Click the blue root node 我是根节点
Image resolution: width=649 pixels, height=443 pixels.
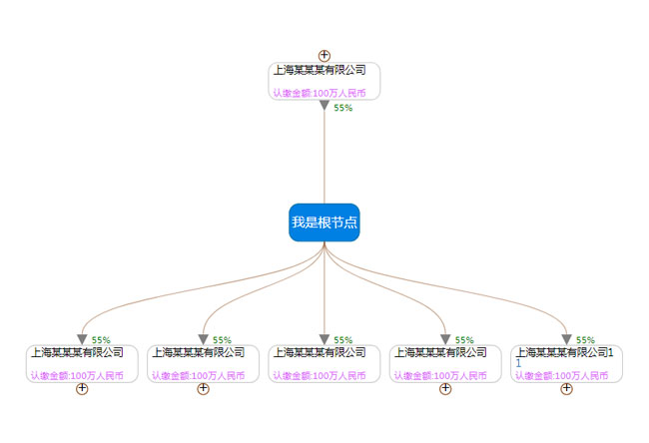click(324, 222)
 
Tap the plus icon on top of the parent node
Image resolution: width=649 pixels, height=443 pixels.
click(324, 56)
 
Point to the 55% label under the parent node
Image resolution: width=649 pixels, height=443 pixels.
click(342, 108)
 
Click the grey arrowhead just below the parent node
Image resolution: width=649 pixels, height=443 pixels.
click(324, 106)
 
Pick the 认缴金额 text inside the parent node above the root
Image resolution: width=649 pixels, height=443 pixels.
click(320, 93)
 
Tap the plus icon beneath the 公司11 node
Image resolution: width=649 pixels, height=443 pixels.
click(566, 388)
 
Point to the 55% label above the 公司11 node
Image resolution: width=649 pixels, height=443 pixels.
click(585, 340)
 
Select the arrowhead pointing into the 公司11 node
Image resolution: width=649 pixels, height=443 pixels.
click(566, 339)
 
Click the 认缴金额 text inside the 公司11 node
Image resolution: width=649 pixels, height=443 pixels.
click(561, 376)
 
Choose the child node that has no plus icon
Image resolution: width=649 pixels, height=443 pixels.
click(324, 363)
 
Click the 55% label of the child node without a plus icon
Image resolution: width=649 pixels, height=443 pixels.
click(342, 340)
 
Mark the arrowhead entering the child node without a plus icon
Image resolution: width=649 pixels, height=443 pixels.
click(324, 339)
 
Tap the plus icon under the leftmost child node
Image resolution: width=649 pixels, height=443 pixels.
click(82, 388)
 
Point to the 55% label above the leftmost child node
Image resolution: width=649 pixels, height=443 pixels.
click(100, 340)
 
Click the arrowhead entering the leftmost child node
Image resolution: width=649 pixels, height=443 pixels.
click(82, 339)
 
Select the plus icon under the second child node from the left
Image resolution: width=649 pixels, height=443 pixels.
click(203, 388)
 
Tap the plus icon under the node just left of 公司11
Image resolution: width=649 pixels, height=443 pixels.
click(445, 388)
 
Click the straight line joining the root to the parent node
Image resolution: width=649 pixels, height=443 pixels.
click(324, 160)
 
